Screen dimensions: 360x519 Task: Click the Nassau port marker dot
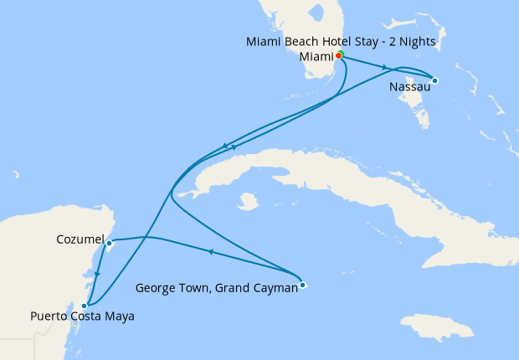click(434, 80)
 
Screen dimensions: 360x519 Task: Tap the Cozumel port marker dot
click(110, 243)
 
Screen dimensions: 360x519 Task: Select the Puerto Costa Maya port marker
click(84, 306)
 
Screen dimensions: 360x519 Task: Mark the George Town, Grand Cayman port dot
click(303, 285)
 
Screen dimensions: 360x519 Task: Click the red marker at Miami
click(338, 56)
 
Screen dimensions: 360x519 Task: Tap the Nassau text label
click(409, 86)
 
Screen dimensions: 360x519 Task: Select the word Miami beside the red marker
click(317, 57)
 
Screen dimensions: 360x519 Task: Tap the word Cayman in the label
click(275, 289)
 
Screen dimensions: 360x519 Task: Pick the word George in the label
click(154, 289)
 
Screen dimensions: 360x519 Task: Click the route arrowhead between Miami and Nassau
click(385, 67)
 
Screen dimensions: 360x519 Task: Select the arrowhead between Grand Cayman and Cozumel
click(211, 250)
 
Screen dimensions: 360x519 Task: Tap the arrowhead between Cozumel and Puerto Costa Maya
click(99, 274)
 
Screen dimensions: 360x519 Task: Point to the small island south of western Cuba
click(246, 202)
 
